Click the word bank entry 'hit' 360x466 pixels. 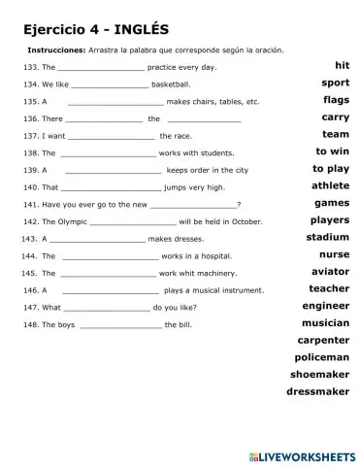click(341, 65)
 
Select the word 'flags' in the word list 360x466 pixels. click(336, 100)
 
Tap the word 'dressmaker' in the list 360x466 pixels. click(317, 391)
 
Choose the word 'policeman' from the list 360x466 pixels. click(321, 357)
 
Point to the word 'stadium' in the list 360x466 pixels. click(327, 237)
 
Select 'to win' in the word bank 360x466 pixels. click(332, 151)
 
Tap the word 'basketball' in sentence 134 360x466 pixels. click(184, 83)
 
